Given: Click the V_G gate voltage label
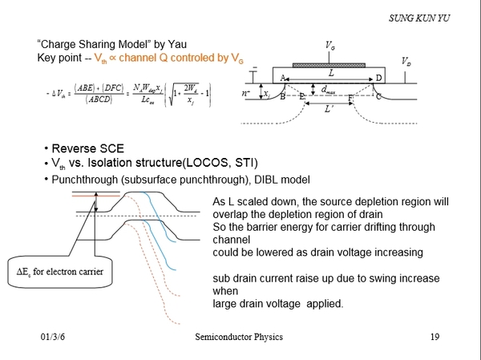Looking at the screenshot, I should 330,47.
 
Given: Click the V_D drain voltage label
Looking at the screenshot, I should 406,61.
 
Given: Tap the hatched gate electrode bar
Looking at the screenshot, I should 330,63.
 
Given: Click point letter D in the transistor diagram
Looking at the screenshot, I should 378,78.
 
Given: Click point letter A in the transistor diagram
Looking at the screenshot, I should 282,78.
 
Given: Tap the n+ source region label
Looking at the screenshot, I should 247,94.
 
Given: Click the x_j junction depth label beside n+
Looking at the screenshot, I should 266,95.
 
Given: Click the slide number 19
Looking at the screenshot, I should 435,337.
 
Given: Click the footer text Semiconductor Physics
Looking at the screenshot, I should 239,337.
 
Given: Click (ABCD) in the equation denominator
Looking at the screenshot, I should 86,100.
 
